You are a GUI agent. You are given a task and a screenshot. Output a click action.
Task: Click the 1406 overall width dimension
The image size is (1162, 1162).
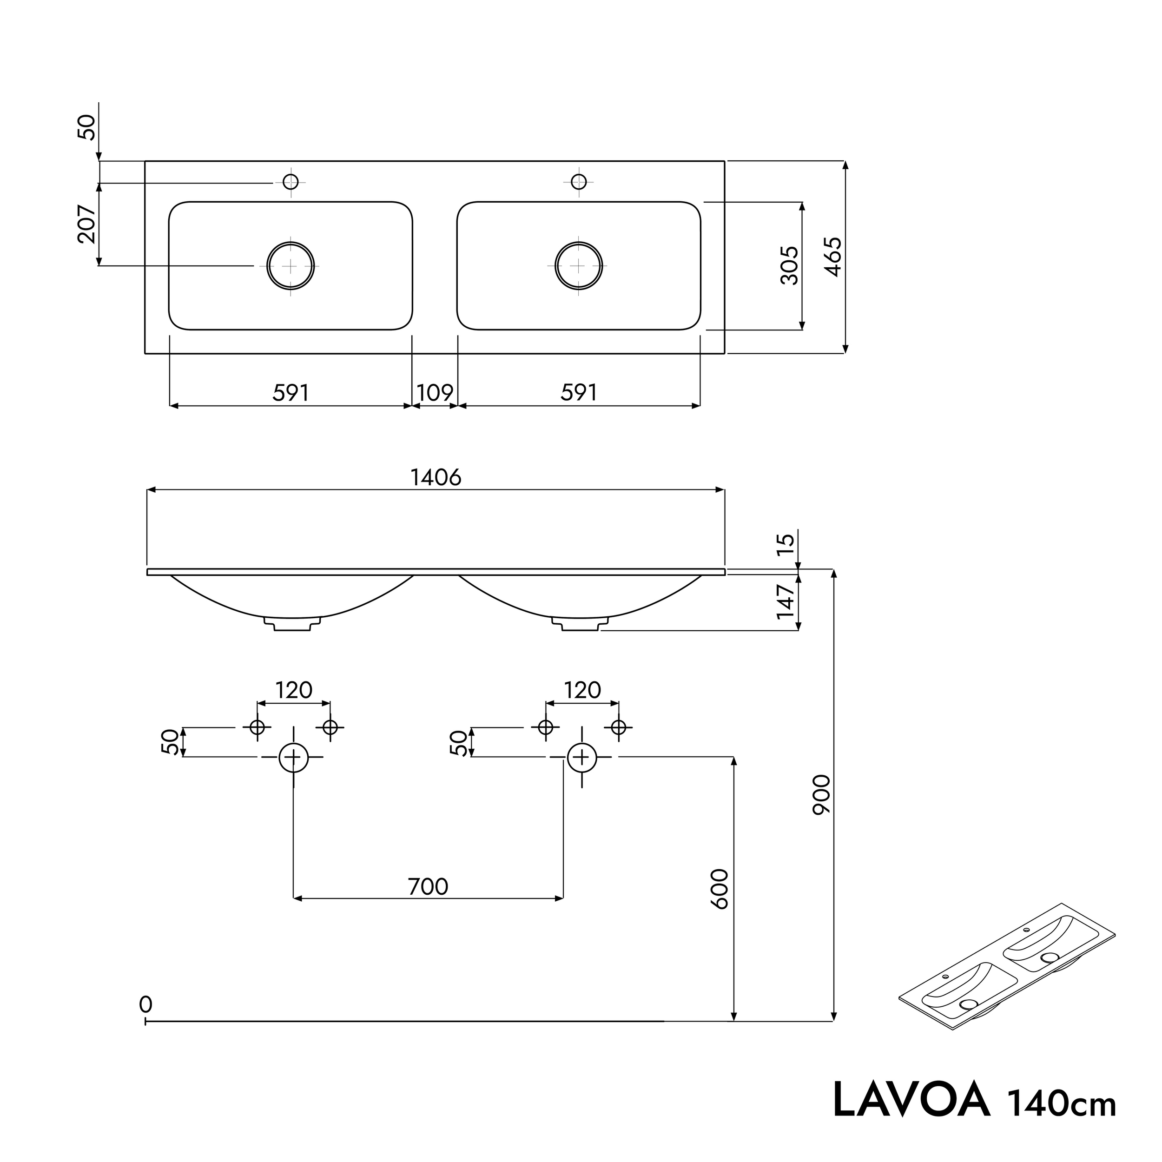click(x=436, y=477)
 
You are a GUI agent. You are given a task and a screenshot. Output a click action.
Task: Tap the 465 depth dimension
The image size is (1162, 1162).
click(x=832, y=257)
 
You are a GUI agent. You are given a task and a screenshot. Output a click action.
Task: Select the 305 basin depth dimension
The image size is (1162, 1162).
click(x=789, y=265)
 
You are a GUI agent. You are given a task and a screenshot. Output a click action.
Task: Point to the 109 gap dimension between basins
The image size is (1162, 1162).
click(x=435, y=393)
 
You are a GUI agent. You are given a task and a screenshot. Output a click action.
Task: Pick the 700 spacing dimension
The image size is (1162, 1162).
click(x=428, y=886)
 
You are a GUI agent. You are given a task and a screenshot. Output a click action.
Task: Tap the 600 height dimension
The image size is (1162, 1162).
click(x=720, y=889)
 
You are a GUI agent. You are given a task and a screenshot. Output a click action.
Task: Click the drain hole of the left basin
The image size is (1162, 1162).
click(x=290, y=265)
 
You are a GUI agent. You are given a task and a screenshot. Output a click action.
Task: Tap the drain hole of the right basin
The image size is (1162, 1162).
click(x=579, y=265)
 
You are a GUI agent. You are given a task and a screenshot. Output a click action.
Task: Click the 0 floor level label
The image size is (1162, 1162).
click(x=145, y=1004)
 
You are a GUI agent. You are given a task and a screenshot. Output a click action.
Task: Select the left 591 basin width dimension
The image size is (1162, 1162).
click(x=290, y=393)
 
